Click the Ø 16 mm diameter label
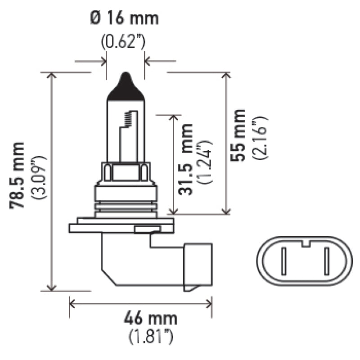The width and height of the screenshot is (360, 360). click(x=125, y=19)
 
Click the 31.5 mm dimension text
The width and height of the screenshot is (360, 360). click(x=186, y=159)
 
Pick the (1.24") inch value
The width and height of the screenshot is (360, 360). click(x=206, y=159)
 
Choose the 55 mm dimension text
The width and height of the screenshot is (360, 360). click(x=238, y=135)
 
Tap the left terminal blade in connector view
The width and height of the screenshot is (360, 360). click(x=284, y=261)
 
